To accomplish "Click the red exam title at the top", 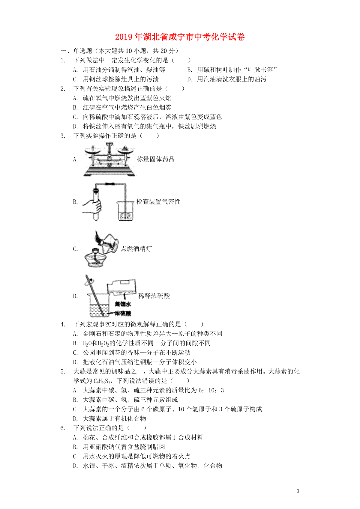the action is click(x=180, y=37).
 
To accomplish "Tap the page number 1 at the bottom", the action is click(x=298, y=491).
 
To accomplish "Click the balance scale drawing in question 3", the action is click(x=109, y=159).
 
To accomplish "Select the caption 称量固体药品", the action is click(x=156, y=159).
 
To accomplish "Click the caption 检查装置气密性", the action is click(x=158, y=201).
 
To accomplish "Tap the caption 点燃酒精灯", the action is click(x=136, y=249).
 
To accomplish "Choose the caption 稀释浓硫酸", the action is click(x=154, y=296).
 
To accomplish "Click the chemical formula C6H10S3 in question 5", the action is click(x=102, y=381).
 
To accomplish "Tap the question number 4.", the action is click(x=63, y=324).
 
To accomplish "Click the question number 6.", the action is click(x=63, y=428).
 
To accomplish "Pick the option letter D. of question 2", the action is click(x=76, y=126).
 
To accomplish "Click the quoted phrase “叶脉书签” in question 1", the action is click(x=260, y=70).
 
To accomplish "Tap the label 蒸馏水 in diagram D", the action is click(x=123, y=304).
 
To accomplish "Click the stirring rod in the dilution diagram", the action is click(x=94, y=295).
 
